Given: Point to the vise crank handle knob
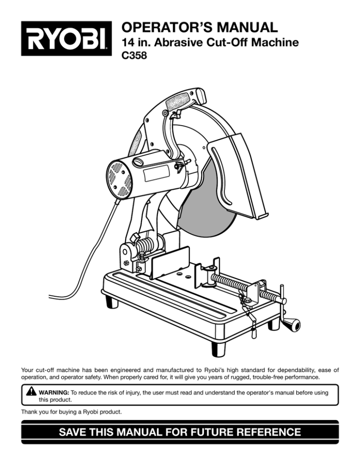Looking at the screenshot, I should [294, 324].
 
